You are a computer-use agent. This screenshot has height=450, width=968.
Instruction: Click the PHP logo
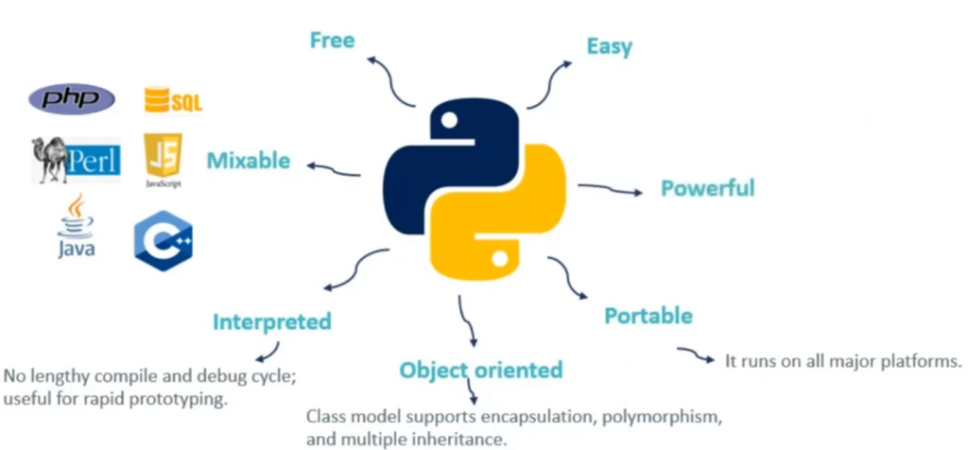(72, 97)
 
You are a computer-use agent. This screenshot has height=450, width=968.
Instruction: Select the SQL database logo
(172, 99)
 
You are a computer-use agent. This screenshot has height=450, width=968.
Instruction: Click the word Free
(332, 40)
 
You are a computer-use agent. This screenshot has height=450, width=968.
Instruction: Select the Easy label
(609, 45)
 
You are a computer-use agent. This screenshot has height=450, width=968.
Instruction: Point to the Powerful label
(707, 187)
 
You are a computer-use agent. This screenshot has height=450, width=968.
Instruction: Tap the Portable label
(648, 315)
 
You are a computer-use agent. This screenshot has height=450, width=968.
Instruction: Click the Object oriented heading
(480, 369)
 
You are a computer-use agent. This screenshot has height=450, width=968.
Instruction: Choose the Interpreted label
(272, 321)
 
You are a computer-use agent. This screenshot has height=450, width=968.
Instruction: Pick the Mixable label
(249, 160)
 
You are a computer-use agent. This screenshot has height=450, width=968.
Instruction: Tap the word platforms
(920, 360)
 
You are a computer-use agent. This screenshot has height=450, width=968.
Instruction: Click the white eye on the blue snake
(450, 119)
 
